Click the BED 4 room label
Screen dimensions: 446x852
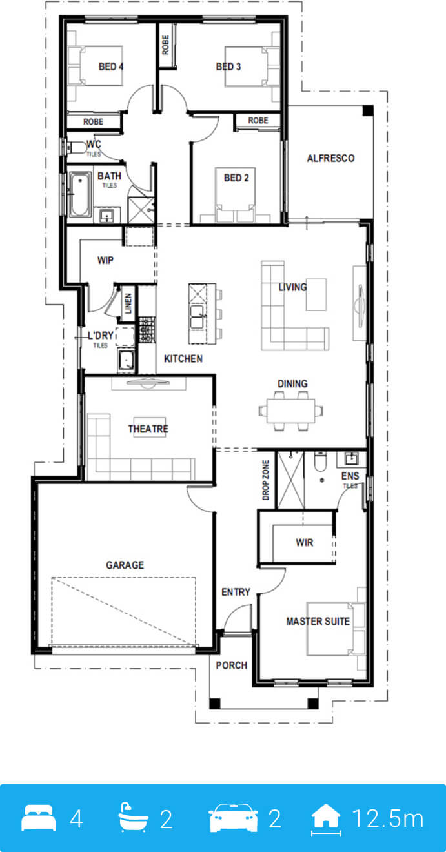111,66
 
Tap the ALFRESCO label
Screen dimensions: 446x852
331,158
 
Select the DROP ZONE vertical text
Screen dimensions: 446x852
266,480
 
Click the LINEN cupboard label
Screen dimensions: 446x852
128,303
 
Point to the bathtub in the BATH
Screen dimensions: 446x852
80,195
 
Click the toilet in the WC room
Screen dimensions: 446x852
76,147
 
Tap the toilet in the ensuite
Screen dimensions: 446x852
320,460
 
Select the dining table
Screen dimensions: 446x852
291,411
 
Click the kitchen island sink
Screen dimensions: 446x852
198,317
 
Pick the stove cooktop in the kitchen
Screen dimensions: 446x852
147,329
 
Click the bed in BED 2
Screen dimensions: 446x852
234,195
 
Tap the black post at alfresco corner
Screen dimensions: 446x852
368,110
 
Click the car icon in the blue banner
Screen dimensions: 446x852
234,817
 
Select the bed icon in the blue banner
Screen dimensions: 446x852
38,817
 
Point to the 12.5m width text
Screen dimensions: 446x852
387,818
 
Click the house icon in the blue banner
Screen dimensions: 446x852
326,818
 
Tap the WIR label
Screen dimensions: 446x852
305,542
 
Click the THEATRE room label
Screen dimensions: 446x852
148,429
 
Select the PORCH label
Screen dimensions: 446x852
232,665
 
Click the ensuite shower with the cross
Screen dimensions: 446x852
291,480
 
